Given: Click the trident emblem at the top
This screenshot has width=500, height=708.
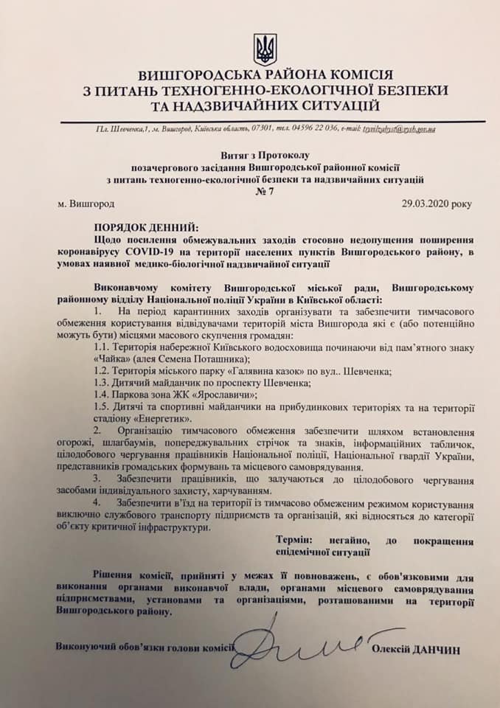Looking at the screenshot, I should click(x=265, y=49).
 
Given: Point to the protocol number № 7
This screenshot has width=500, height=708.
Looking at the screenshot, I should click(x=265, y=191).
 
